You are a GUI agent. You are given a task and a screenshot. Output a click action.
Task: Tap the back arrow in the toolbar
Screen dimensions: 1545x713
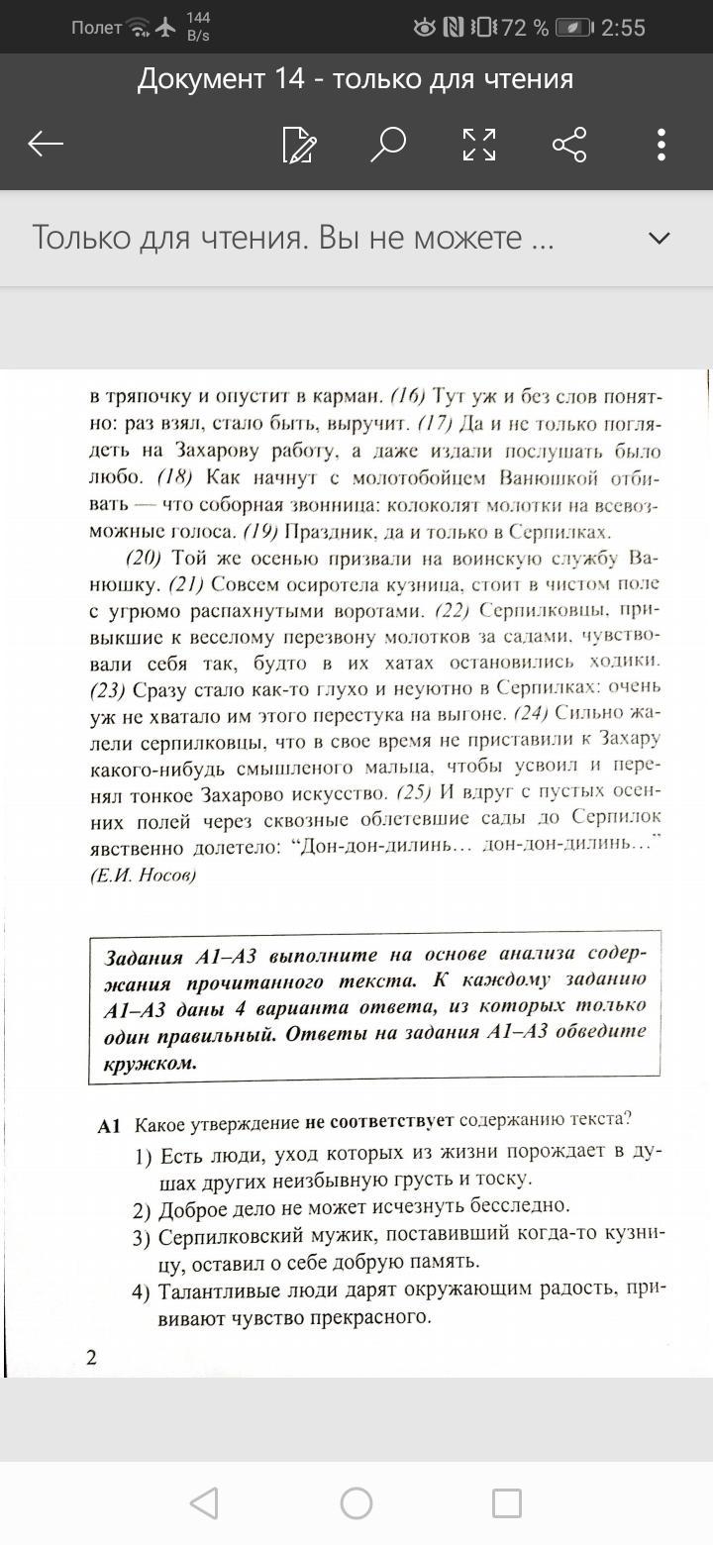46,145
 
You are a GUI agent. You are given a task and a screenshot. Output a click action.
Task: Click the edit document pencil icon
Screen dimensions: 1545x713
299,145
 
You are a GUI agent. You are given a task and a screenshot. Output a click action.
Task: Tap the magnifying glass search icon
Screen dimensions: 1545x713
387,145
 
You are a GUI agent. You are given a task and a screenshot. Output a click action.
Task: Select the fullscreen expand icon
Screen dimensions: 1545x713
479,145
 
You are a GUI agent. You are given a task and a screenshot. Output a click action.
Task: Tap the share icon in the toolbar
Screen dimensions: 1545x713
569,145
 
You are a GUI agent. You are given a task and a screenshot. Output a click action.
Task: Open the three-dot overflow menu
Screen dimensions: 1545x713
662,145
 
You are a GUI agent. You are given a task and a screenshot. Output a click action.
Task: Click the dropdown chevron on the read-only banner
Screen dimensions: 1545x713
659,238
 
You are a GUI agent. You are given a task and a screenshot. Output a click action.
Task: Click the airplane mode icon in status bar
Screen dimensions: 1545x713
166,28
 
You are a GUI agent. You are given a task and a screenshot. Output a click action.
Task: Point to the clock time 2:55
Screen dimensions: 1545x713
623,28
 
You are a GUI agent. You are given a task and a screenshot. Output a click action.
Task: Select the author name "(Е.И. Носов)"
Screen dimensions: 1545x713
143,875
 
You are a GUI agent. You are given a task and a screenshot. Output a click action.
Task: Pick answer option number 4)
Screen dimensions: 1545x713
143,1290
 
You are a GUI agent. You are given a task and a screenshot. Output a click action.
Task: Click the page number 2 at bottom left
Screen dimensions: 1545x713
92,1356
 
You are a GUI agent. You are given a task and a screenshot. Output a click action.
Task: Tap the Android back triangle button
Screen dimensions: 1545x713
204,1503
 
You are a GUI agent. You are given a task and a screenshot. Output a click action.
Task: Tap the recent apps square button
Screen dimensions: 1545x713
507,1503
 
